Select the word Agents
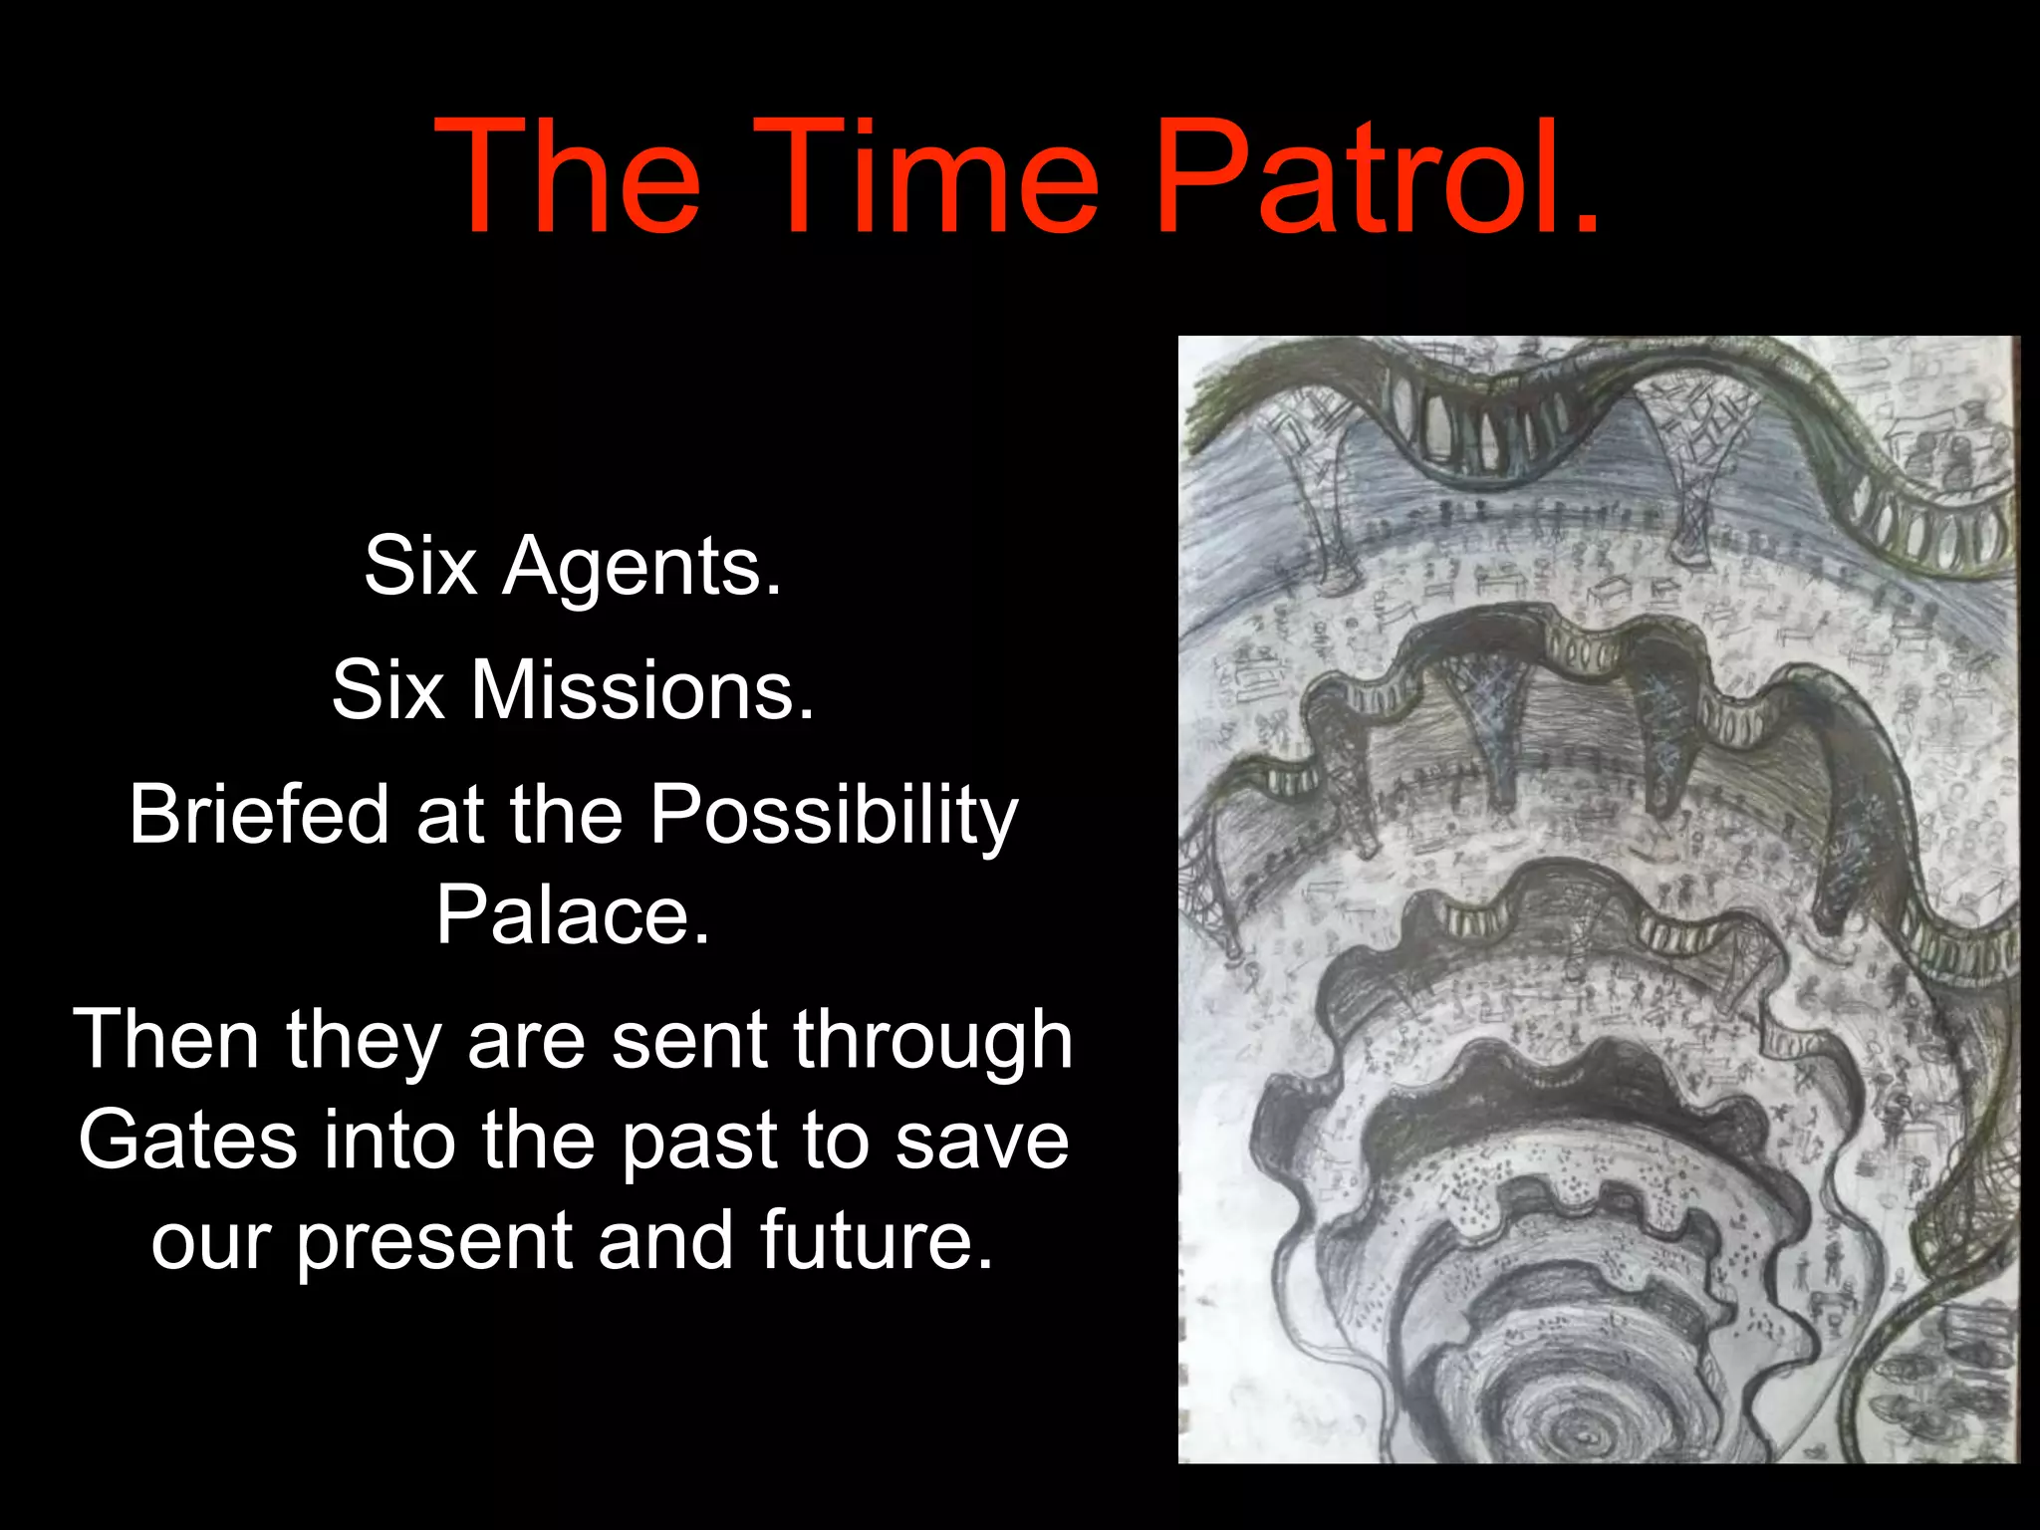pos(641,566)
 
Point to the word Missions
pos(642,689)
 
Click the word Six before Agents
pos(421,566)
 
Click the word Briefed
pos(258,814)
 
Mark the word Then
pos(166,1039)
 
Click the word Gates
pos(187,1140)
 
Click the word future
pos(876,1241)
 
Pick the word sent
pos(688,1039)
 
